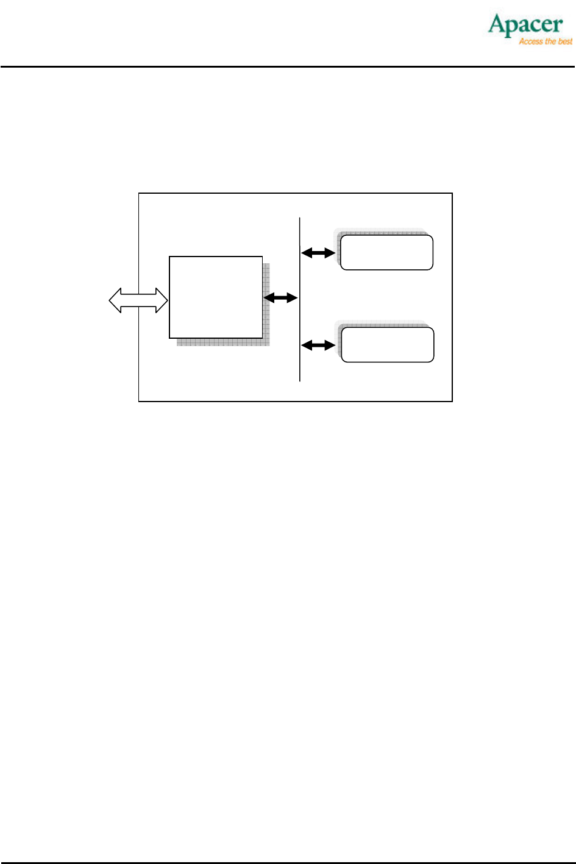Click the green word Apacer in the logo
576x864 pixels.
525,25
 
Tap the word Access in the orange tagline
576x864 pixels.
530,41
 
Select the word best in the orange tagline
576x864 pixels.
566,41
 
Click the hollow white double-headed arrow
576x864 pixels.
138,300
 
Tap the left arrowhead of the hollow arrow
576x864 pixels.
115,300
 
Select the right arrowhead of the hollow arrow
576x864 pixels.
162,300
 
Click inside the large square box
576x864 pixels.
216,297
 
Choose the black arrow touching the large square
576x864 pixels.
280,298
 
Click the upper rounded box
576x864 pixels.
386,252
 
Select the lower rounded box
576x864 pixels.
387,345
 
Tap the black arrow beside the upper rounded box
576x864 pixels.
319,252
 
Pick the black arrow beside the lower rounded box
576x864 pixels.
319,345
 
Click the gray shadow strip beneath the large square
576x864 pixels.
222,342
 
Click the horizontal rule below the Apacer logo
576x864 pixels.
288,66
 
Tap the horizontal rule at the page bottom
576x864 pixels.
288,862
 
